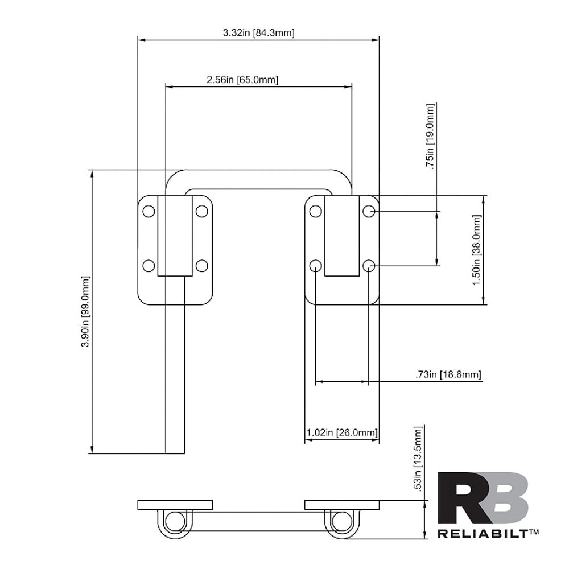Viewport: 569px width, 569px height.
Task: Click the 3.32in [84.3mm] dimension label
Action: coord(258,33)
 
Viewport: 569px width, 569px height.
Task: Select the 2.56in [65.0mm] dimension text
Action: coord(242,80)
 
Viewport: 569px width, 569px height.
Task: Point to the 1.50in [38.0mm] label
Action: coord(476,250)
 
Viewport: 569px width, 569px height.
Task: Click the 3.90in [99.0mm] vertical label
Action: coord(85,311)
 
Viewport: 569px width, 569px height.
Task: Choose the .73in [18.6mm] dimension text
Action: coord(448,374)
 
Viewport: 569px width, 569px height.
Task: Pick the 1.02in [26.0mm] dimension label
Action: coord(342,432)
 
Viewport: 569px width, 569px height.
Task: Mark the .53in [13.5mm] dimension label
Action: coord(418,459)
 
